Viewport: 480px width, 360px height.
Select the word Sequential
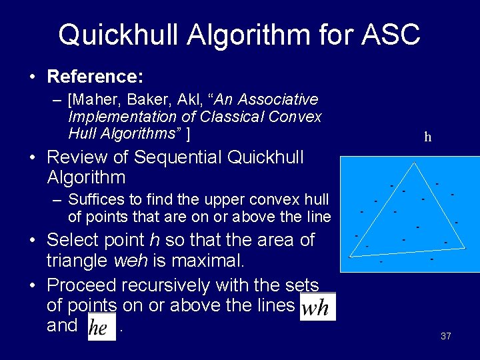179,158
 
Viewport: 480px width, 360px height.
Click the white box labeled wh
318,307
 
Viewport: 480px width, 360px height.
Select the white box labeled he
99,327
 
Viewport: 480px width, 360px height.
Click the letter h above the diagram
427,138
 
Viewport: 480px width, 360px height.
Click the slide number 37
446,337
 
